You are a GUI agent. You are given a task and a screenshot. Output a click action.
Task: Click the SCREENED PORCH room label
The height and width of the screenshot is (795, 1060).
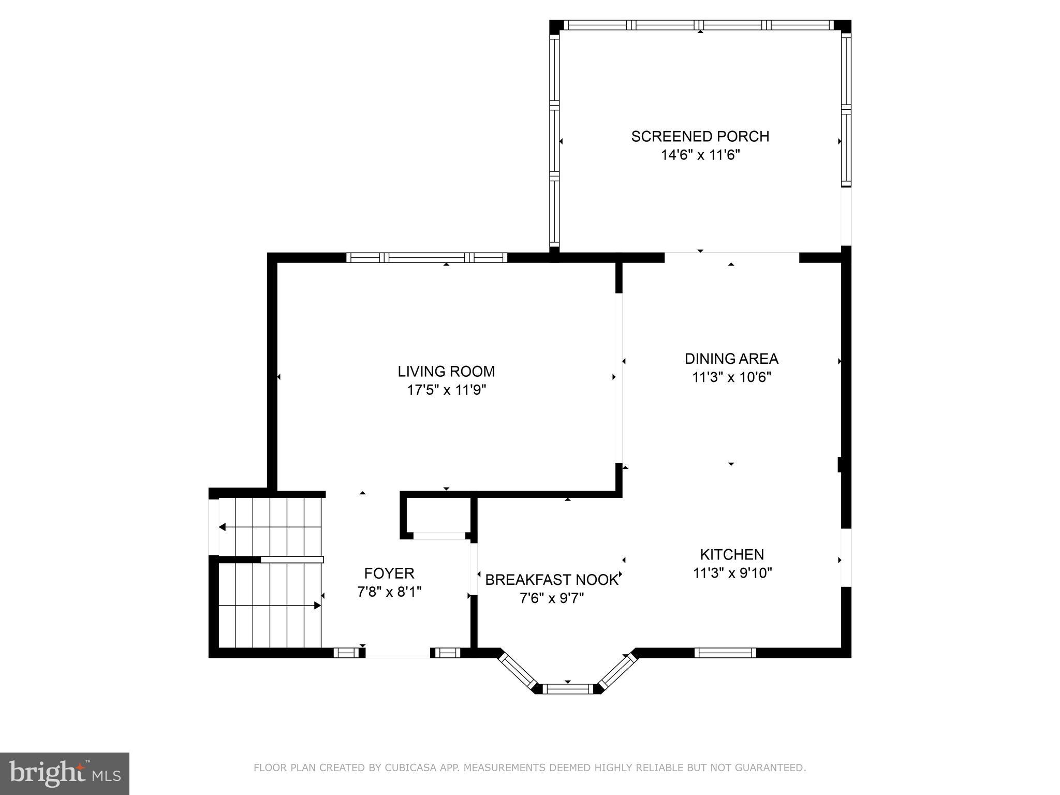[700, 136]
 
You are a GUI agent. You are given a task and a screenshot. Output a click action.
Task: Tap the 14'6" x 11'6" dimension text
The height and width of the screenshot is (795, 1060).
[700, 155]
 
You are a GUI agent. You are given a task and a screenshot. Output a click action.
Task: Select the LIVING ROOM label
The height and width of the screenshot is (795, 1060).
[446, 371]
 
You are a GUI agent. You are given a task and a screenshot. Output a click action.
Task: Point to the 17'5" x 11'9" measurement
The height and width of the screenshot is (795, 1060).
[446, 390]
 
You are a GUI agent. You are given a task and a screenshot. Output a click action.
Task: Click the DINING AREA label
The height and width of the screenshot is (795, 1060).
[731, 359]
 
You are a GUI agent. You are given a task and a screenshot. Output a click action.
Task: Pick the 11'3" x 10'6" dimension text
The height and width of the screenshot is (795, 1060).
[731, 377]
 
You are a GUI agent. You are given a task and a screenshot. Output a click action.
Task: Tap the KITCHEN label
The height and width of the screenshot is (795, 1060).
[732, 554]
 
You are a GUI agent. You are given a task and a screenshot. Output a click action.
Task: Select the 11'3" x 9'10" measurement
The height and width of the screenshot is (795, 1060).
[732, 573]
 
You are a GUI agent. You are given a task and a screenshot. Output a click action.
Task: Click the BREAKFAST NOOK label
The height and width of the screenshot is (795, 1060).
[552, 580]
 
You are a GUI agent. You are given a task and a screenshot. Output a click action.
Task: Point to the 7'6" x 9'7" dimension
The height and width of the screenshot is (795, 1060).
[552, 598]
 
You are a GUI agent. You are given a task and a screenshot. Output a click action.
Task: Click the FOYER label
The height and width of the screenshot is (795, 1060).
[389, 573]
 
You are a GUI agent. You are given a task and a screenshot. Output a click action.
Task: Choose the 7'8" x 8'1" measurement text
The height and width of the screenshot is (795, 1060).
[389, 592]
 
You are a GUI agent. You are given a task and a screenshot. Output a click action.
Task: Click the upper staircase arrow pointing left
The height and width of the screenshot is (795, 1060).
[223, 527]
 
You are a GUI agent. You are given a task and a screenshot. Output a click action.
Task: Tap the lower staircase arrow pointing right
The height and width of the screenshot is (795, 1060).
[317, 605]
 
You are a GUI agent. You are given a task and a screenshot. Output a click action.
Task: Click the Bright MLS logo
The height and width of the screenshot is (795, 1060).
[65, 773]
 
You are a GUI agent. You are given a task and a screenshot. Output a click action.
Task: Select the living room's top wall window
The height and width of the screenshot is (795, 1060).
[426, 257]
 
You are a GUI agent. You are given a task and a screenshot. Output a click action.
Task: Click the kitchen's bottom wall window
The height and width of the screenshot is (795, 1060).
[725, 653]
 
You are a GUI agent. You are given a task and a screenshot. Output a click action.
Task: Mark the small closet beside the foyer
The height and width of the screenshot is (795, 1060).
[438, 515]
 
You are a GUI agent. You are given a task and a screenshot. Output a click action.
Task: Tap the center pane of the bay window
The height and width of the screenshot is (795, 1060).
[568, 688]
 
